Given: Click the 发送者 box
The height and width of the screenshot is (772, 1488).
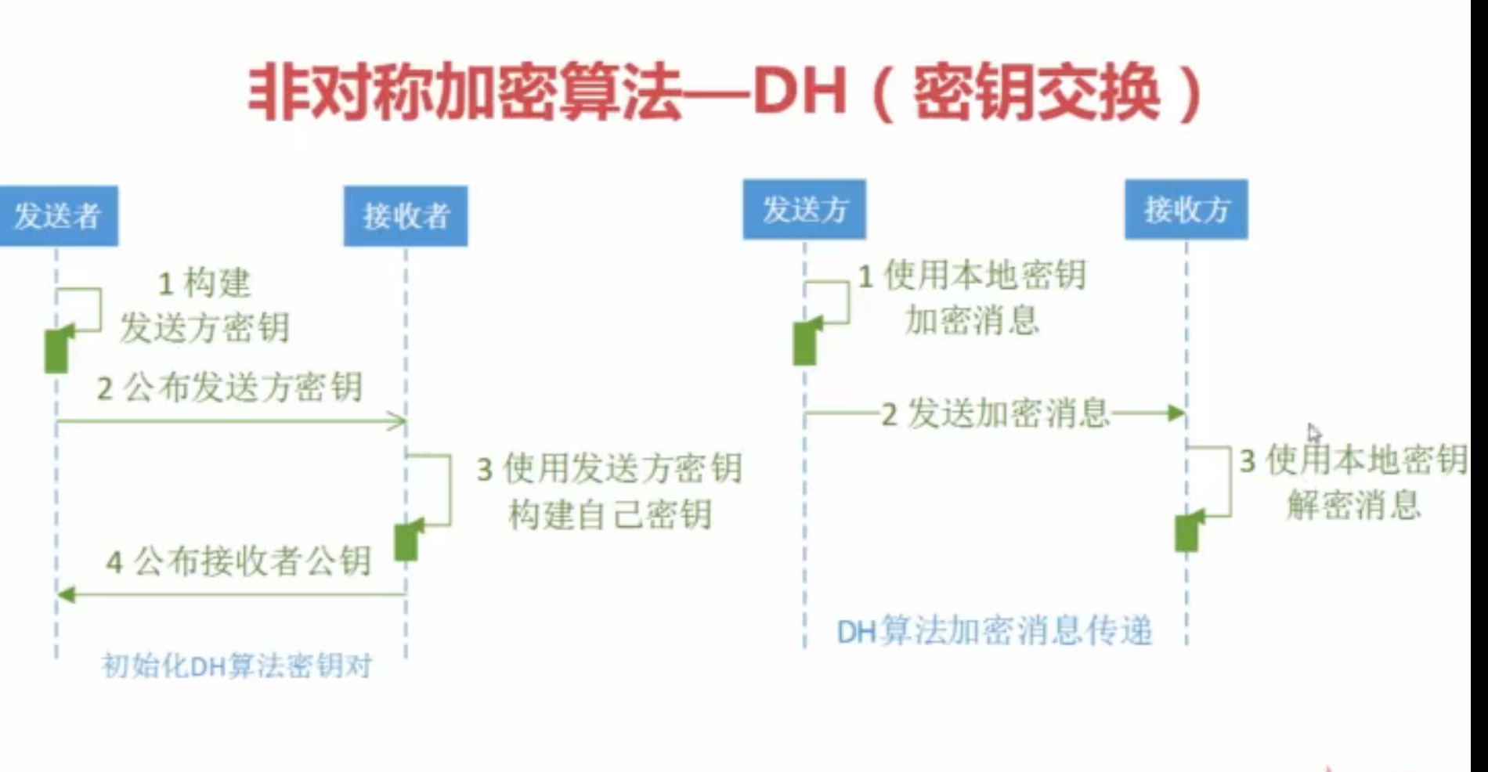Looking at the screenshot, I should tap(58, 216).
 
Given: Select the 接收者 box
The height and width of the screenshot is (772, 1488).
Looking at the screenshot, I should tap(406, 216).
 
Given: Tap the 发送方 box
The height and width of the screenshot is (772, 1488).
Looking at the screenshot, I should tap(804, 210).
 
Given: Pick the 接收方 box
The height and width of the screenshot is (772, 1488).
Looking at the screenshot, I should tap(1186, 210).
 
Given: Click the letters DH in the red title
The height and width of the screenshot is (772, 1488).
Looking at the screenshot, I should tap(800, 92).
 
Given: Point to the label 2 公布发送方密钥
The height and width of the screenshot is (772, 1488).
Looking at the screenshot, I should tap(229, 388).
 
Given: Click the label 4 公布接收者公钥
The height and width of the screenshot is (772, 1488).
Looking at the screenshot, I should tap(239, 561).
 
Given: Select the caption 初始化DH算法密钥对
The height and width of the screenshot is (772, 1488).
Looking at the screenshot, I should tap(237, 666).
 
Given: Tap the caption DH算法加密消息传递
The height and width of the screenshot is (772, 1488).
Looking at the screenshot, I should tap(995, 631).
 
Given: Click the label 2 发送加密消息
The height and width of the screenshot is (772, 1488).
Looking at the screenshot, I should tap(995, 414).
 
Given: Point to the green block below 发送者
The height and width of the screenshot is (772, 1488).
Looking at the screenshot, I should tap(57, 350).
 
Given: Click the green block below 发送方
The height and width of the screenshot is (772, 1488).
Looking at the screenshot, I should tap(805, 343).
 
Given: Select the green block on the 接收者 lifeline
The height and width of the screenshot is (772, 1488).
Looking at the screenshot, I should tap(406, 540).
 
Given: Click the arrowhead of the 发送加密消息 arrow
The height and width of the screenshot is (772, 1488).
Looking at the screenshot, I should tap(1176, 413).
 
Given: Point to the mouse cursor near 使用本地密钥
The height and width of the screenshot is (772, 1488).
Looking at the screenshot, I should tap(1313, 432).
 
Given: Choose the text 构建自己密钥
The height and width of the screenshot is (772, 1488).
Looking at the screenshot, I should tap(610, 514).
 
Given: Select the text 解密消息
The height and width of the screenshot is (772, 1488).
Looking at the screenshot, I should tap(1354, 505).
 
